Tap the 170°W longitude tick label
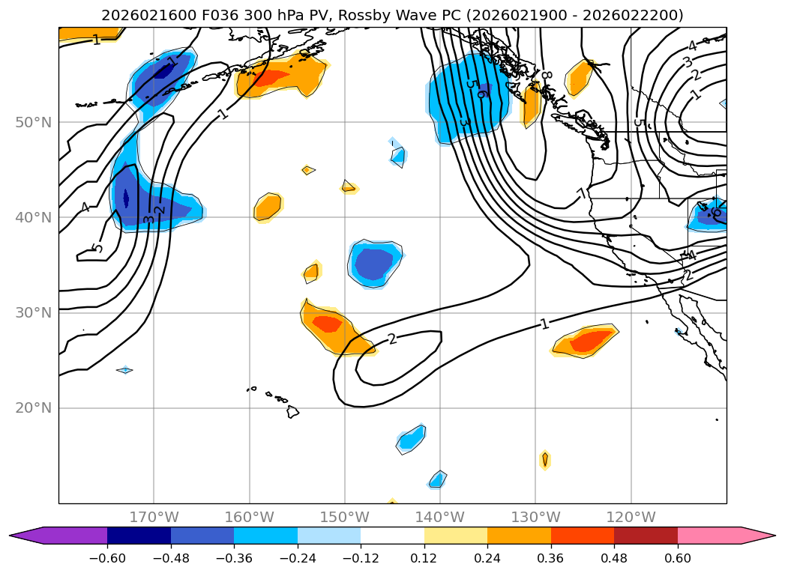click(154, 517)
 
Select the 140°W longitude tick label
click(440, 517)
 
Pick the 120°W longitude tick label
click(631, 517)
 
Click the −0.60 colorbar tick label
click(107, 560)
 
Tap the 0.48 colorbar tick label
click(614, 560)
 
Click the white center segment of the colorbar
click(392, 536)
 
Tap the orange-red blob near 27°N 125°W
click(587, 342)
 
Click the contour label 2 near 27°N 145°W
click(391, 339)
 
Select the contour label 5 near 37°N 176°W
click(97, 248)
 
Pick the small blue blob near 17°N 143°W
click(411, 439)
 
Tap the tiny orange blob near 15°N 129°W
click(545, 459)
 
